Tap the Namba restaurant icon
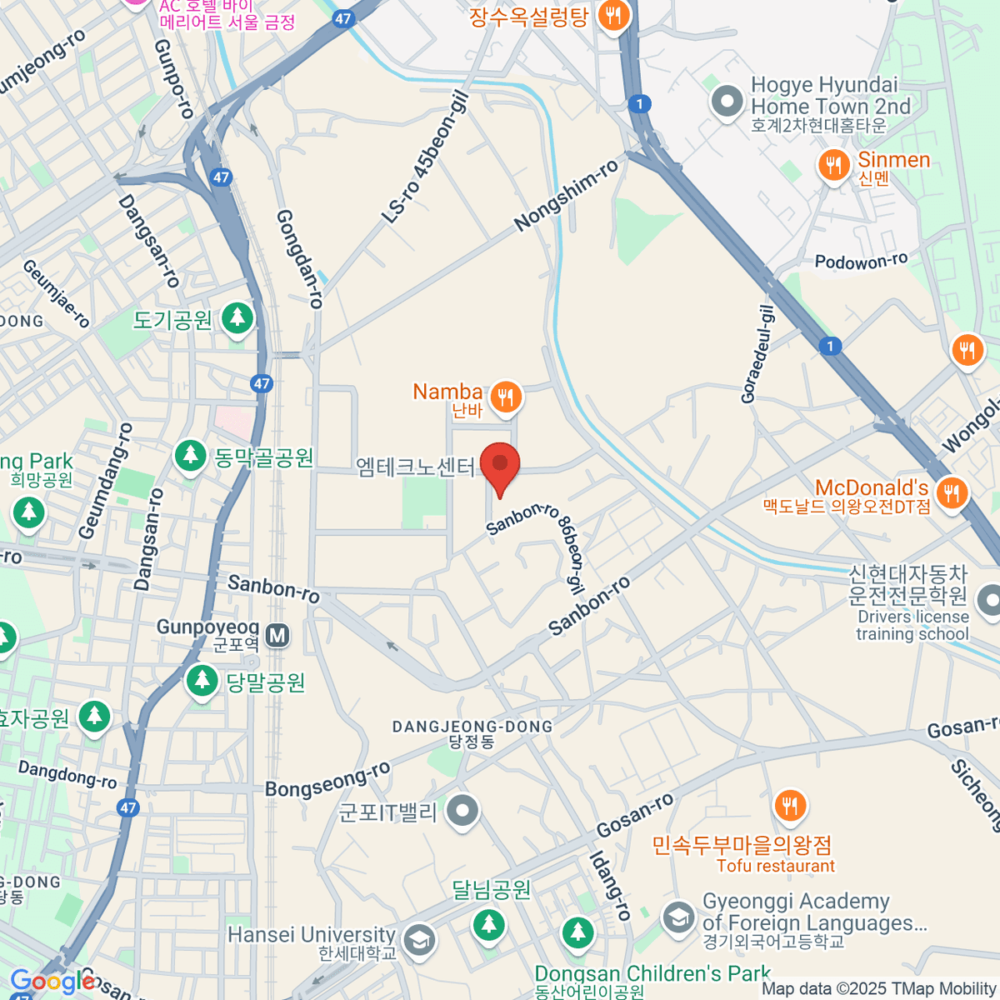coord(506,397)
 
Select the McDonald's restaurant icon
coord(951,492)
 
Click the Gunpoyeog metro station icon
coord(277,636)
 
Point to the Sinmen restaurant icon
coord(833,165)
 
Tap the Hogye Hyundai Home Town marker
coord(727,102)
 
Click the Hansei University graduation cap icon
coord(418,940)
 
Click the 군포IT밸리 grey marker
coord(462,810)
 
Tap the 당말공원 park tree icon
coord(201,681)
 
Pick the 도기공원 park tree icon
coord(237,318)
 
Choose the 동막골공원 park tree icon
coord(191,456)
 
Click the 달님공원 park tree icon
coord(488,923)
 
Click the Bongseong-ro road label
coord(327,781)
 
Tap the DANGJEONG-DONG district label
coord(472,727)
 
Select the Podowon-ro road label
coord(861,262)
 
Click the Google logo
coord(52,982)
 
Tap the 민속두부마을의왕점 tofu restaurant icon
coord(789,806)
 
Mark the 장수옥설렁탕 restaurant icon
coord(614,17)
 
